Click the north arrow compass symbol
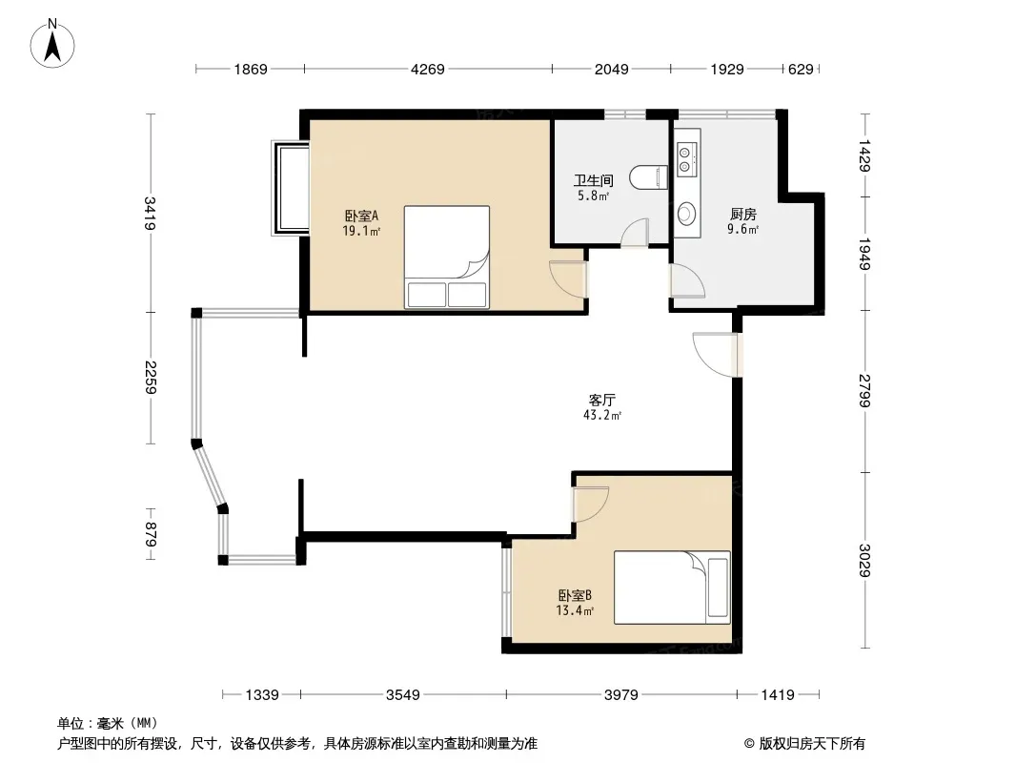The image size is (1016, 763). point(52,44)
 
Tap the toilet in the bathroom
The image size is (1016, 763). point(649,178)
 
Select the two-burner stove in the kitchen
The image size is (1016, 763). point(686,159)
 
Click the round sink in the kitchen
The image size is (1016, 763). point(686,213)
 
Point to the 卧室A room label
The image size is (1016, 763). point(361,216)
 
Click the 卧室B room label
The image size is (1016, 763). point(575,595)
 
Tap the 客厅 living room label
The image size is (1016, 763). point(602,400)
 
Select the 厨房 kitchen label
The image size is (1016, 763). point(743,214)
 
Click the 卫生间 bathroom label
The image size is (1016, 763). point(594,180)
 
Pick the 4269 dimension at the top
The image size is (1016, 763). point(428,69)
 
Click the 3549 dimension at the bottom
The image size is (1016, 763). point(403,695)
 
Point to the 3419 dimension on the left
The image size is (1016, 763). point(151,214)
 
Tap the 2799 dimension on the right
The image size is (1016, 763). point(865,391)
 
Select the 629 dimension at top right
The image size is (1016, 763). point(801,69)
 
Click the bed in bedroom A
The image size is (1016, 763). point(446,257)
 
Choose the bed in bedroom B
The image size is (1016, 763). point(673,588)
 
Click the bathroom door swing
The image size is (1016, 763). point(635,233)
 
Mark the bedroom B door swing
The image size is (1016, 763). point(590,504)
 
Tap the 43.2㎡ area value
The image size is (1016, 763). point(602,416)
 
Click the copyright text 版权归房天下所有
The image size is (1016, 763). point(812,744)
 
